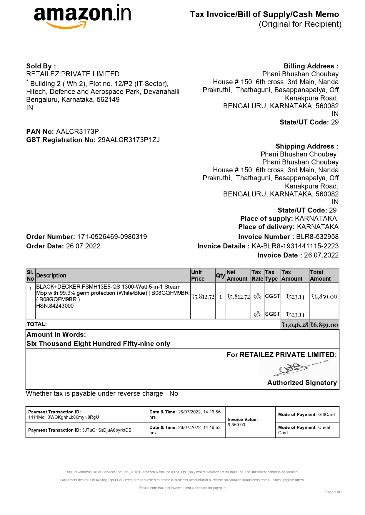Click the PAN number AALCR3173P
[x=77, y=132]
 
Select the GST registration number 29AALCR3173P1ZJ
[x=129, y=140]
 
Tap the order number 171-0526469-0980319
[x=112, y=237]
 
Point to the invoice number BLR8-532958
[x=317, y=237]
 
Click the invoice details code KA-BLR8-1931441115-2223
[x=295, y=246]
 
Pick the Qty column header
[x=220, y=275]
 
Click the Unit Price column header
[x=198, y=275]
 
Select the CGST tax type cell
[x=272, y=296]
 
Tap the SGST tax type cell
[x=272, y=314]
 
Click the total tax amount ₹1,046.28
[x=295, y=325]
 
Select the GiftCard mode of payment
[x=326, y=415]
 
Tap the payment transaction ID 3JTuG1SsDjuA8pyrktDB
[x=106, y=430]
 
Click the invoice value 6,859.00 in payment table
[x=236, y=425]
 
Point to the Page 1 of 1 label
[x=334, y=492]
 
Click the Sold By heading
[x=41, y=66]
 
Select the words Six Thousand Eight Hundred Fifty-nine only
[x=98, y=344]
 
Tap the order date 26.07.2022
[x=83, y=246]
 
